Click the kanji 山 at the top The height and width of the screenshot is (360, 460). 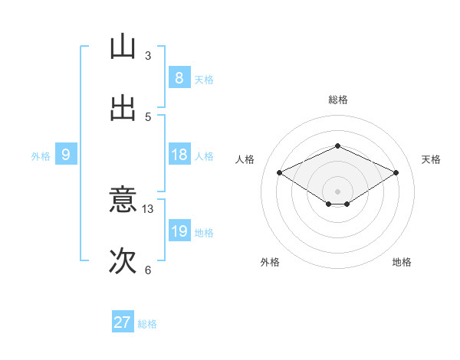pyautogui.click(x=123, y=47)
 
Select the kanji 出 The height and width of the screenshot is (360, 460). pyautogui.click(x=123, y=108)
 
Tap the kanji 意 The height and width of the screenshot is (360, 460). pyautogui.click(x=123, y=201)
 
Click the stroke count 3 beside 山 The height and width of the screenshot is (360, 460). pyautogui.click(x=148, y=56)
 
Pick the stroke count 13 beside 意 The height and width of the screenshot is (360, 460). pyautogui.click(x=148, y=209)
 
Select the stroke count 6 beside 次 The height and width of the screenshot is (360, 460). pyautogui.click(x=148, y=270)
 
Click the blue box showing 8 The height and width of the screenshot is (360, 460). pyautogui.click(x=179, y=78)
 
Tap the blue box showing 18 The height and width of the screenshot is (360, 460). pyautogui.click(x=179, y=155)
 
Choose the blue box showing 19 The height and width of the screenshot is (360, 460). pyautogui.click(x=179, y=231)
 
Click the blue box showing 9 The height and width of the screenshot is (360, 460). pyautogui.click(x=66, y=155)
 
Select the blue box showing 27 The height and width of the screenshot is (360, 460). pyautogui.click(x=122, y=322)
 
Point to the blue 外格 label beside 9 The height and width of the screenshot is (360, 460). pyautogui.click(x=41, y=155)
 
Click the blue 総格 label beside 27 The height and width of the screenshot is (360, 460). pyautogui.click(x=147, y=324)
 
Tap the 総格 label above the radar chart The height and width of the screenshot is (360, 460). pyautogui.click(x=337, y=100)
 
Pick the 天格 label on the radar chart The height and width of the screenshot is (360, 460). pyautogui.click(x=431, y=159)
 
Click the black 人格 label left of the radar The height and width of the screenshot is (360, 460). pyautogui.click(x=245, y=159)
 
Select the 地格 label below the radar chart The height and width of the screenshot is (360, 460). pyautogui.click(x=402, y=262)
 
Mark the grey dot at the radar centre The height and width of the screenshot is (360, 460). pyautogui.click(x=337, y=191)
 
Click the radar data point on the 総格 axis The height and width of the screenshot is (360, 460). pyautogui.click(x=337, y=146)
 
